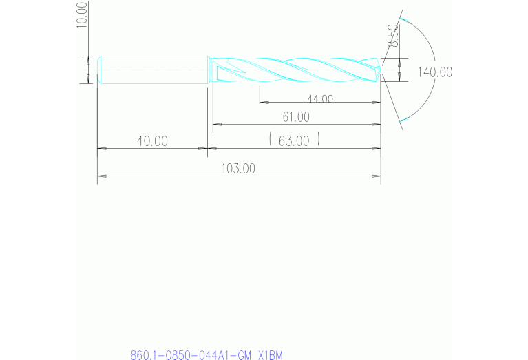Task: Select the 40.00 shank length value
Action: tap(152, 141)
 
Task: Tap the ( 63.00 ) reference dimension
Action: tap(294, 141)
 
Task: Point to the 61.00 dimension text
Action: tap(296, 117)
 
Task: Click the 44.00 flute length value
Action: tap(319, 99)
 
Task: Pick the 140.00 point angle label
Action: tap(434, 72)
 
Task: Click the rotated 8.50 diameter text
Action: tap(392, 36)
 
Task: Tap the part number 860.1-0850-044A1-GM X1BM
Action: tap(207, 355)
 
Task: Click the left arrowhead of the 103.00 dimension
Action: tap(101, 176)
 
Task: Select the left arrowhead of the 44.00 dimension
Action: tap(262, 103)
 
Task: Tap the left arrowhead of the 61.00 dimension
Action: tap(215, 125)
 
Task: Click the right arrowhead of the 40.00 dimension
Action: tap(204, 148)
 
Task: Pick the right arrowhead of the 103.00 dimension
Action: tap(378, 176)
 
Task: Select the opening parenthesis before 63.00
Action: tap(272, 141)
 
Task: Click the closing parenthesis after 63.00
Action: tap(319, 141)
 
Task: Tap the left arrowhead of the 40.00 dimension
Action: tap(101, 148)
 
